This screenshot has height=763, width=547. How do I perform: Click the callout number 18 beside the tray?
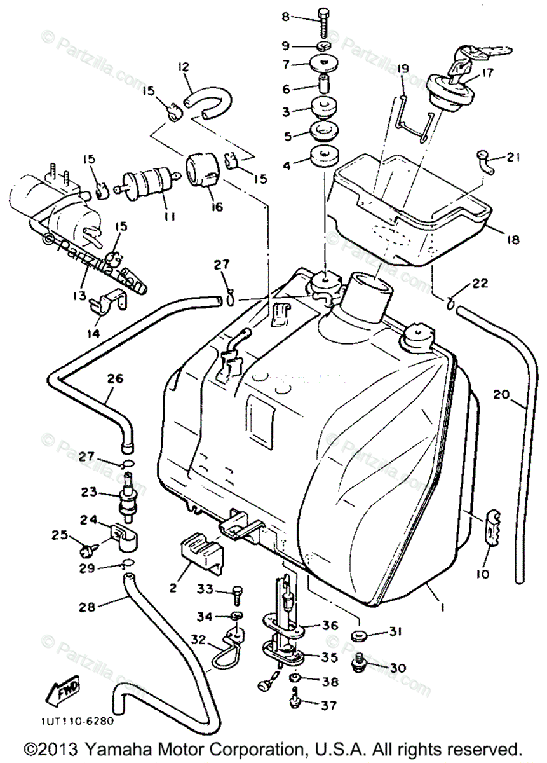click(x=513, y=240)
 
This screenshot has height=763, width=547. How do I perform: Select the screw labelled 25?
click(x=87, y=544)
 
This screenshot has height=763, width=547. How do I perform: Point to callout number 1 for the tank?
click(x=442, y=608)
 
